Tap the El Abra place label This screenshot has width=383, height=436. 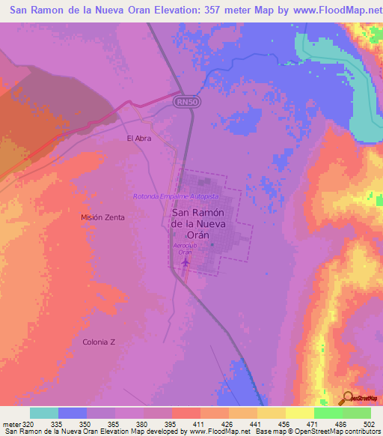pyautogui.click(x=139, y=138)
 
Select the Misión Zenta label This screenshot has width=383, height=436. pyautogui.click(x=102, y=217)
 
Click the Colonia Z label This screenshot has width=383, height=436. pyautogui.click(x=99, y=342)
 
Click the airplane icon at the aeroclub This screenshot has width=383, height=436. pyautogui.click(x=184, y=263)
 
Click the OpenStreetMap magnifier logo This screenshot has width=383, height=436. pyautogui.click(x=347, y=397)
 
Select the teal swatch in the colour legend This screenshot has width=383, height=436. pyautogui.click(x=43, y=413)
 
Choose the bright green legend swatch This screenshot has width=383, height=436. pyautogui.click(x=328, y=413)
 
